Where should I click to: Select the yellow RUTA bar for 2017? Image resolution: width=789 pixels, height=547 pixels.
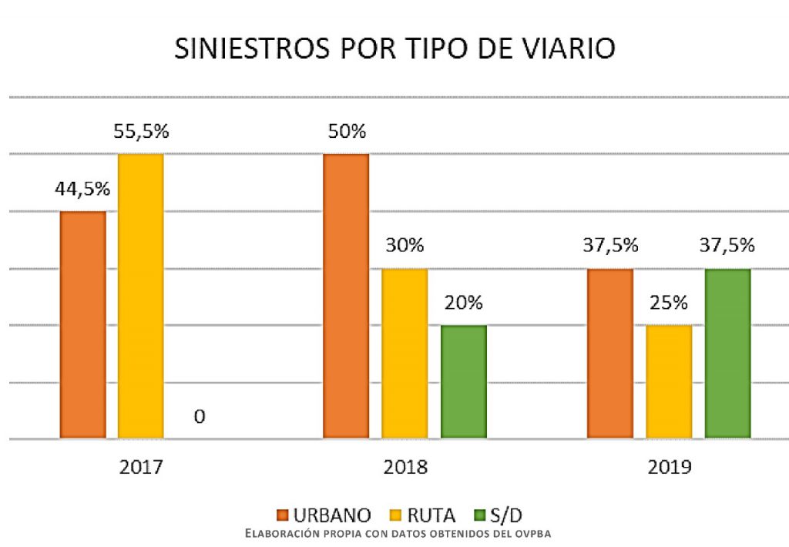[141, 297]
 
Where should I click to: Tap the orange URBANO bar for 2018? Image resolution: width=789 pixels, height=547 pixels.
[346, 297]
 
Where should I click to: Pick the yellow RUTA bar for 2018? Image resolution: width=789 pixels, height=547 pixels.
[405, 354]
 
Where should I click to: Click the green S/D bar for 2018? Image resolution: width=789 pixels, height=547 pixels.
[464, 382]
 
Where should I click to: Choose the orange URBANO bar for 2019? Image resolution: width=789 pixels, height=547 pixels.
[610, 354]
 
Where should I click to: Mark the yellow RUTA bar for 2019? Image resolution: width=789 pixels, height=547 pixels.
[669, 382]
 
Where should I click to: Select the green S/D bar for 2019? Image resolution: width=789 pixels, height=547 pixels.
[728, 354]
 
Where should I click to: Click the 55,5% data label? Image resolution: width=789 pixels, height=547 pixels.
[140, 131]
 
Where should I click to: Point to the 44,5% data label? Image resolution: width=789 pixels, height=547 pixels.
[82, 189]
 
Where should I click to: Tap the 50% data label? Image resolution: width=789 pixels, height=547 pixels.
[346, 131]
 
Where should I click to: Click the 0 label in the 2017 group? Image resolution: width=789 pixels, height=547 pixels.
[200, 417]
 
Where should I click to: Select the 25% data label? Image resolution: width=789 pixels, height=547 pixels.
[668, 303]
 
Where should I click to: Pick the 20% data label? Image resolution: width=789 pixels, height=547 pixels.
[463, 303]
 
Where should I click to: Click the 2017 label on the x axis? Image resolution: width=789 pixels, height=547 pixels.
[141, 467]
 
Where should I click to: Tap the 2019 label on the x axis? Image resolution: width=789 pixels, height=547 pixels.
[669, 467]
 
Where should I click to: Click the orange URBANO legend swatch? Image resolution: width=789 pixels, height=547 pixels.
[284, 515]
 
